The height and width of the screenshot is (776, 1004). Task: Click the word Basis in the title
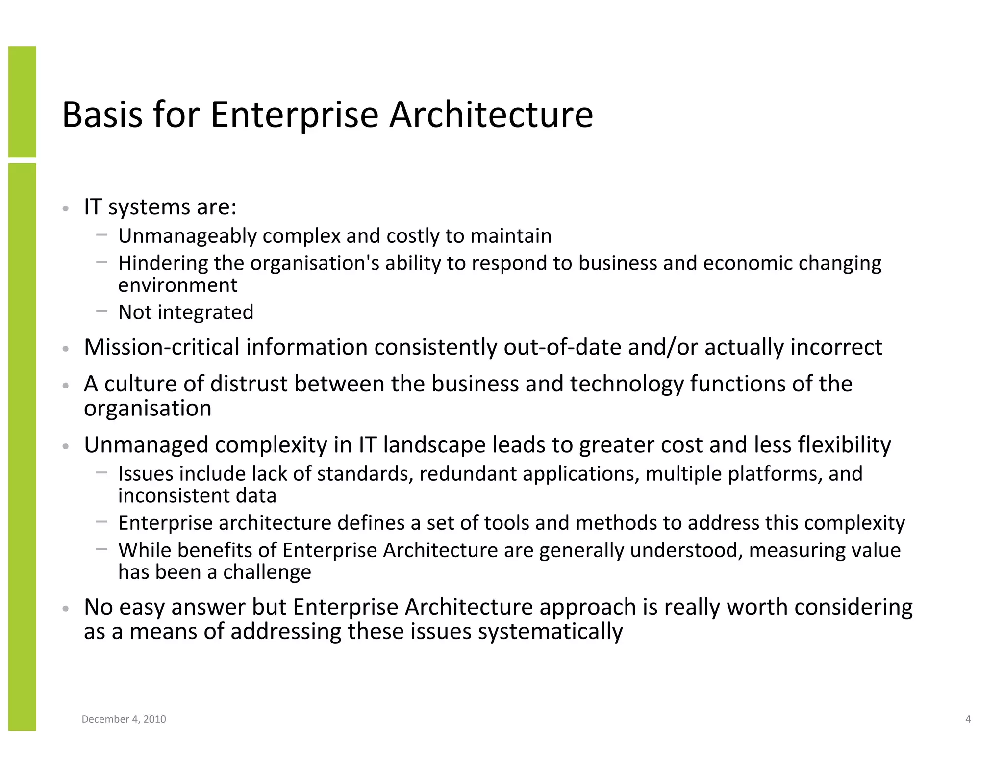(102, 114)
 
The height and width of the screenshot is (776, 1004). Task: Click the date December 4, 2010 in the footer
(124, 719)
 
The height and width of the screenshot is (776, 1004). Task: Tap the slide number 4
(968, 719)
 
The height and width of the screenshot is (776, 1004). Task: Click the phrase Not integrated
(186, 312)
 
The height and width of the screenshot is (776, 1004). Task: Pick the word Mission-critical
(161, 347)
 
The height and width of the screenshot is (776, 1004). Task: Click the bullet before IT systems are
(66, 209)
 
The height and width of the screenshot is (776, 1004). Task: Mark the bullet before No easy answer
(66, 609)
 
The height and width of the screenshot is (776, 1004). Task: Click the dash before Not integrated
(102, 310)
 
